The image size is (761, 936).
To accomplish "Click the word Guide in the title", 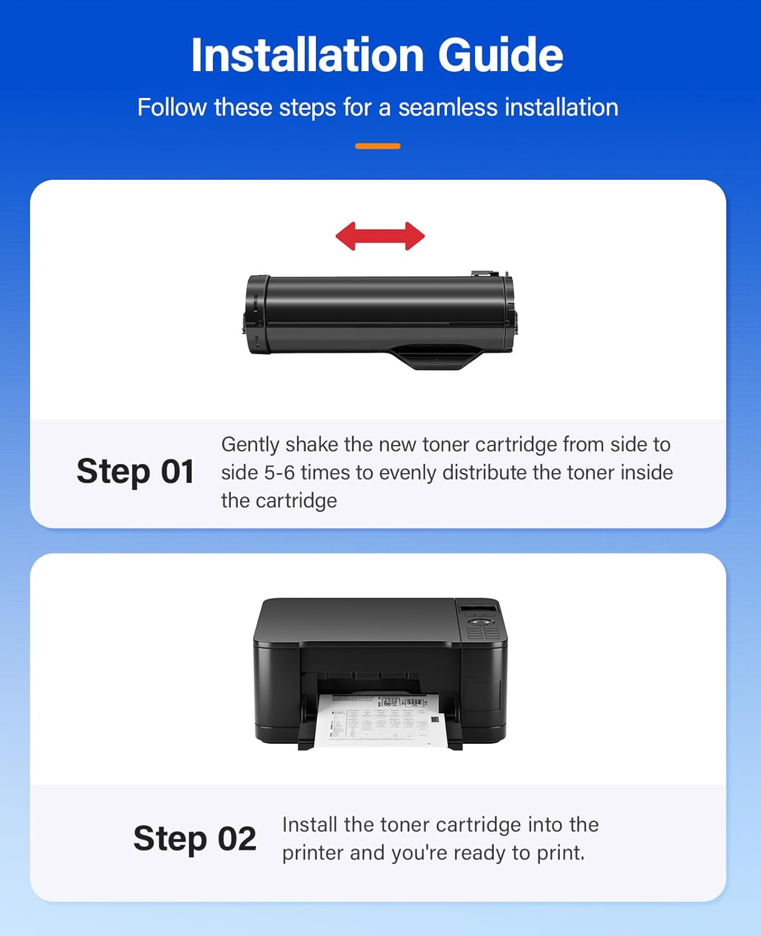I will click(500, 55).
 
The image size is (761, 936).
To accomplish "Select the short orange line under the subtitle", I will click(378, 146).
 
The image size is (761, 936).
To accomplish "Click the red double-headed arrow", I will click(380, 236).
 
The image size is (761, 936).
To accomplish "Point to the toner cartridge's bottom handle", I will click(436, 356).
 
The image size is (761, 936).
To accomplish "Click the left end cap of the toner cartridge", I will click(257, 315).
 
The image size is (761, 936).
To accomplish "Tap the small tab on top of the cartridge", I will click(484, 273).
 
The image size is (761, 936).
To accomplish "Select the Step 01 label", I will click(135, 471).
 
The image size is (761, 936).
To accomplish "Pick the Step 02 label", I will click(195, 838).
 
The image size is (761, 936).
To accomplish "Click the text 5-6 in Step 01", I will click(279, 472).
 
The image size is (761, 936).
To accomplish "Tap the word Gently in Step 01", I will click(250, 444).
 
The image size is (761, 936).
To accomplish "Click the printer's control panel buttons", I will click(480, 627).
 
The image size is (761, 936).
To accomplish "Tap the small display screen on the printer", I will click(478, 608).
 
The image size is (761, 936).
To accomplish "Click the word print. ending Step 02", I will click(561, 852).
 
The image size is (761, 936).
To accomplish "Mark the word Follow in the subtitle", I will click(172, 107).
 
